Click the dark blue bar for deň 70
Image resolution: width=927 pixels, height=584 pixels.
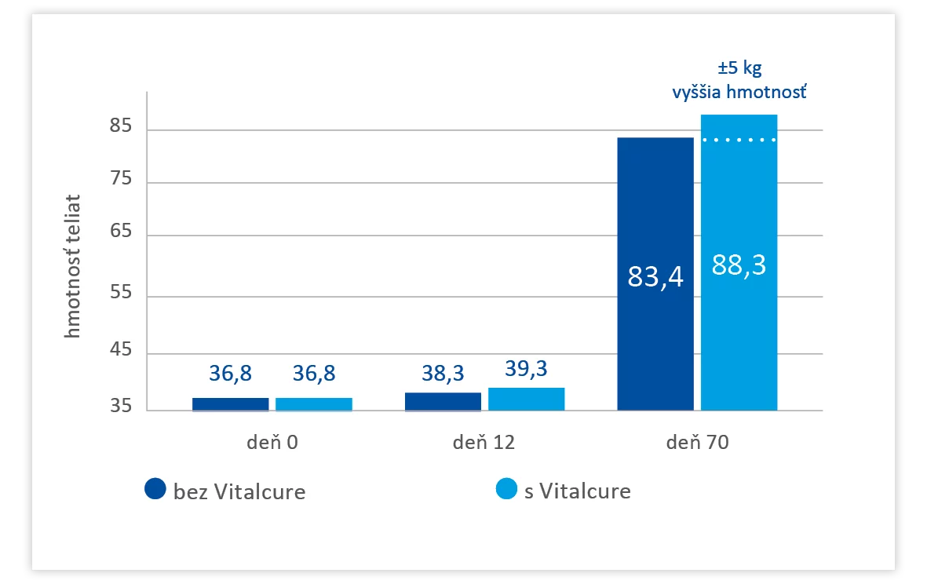click(655, 274)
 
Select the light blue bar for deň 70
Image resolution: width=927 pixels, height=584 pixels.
click(739, 262)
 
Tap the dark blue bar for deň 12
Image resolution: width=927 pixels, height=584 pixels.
click(443, 401)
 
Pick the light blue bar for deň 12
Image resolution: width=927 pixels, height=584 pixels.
click(526, 399)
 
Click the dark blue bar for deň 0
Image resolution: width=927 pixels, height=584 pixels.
click(231, 404)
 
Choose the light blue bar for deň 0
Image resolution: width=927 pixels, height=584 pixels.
click(314, 404)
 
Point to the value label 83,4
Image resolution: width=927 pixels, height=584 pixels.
click(655, 276)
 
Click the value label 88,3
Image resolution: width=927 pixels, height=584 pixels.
click(739, 265)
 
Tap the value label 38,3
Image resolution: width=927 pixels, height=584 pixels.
click(443, 373)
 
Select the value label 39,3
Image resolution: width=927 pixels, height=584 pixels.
click(526, 368)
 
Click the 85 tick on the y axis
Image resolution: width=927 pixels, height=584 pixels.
click(121, 126)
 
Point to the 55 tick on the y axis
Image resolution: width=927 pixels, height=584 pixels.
click(121, 292)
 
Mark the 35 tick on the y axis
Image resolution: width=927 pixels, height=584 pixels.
click(121, 406)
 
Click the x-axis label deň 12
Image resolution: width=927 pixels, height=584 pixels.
click(484, 442)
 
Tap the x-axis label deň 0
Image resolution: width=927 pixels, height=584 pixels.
click(272, 442)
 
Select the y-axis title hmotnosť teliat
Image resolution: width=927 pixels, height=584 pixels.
click(72, 266)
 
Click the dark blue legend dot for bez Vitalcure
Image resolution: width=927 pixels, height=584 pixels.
click(155, 488)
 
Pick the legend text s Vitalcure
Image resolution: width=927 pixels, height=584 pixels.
click(577, 491)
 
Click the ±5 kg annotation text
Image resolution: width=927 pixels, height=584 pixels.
click(739, 68)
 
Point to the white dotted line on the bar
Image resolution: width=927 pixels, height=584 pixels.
click(739, 140)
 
